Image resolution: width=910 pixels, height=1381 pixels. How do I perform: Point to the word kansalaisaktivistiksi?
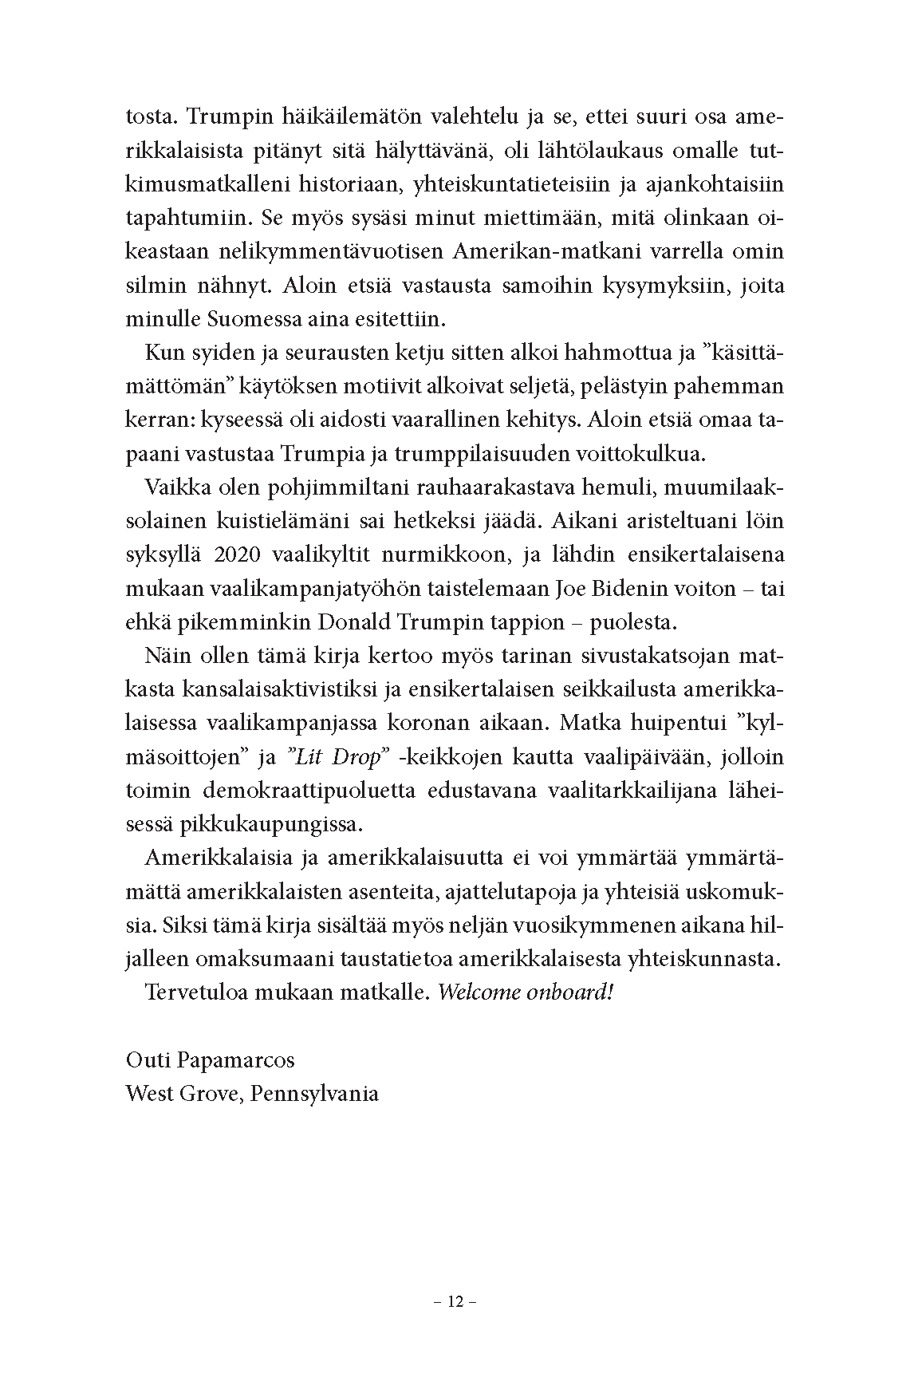pyautogui.click(x=286, y=689)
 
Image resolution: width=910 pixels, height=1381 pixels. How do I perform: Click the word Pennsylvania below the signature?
pyautogui.click(x=314, y=1093)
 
